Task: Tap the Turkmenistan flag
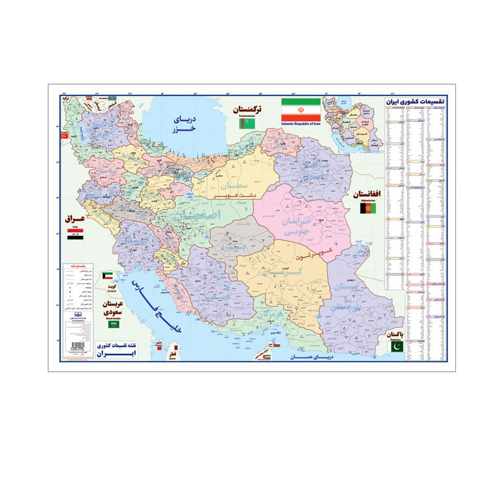[x=243, y=124]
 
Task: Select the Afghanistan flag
[x=368, y=210]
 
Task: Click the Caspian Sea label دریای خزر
[x=183, y=122]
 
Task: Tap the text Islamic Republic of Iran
[x=301, y=124]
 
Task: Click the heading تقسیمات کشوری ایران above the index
[x=420, y=100]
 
